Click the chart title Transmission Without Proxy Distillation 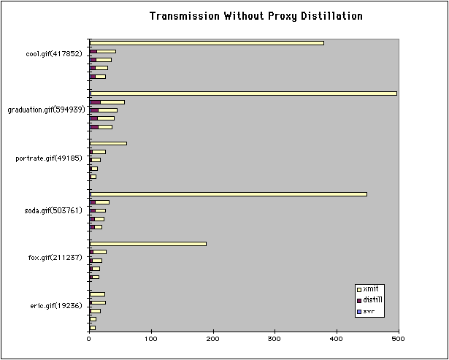[x=256, y=15]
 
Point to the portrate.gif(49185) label [x=51, y=158]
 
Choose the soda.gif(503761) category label [x=53, y=210]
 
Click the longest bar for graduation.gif [x=242, y=93]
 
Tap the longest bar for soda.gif [x=228, y=194]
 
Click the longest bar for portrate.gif [x=108, y=144]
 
